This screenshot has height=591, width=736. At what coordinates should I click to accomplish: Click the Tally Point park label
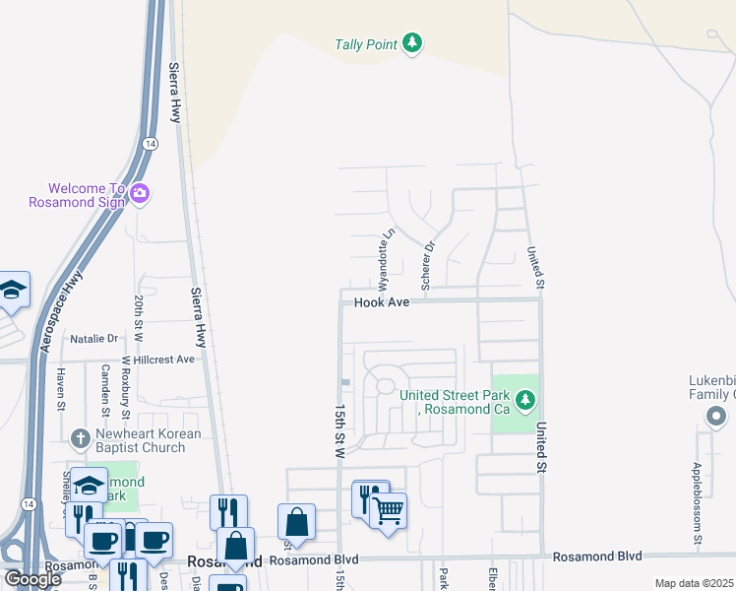(365, 44)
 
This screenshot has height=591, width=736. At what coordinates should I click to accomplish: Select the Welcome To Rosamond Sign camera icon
(140, 194)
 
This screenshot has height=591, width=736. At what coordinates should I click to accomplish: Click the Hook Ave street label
(382, 302)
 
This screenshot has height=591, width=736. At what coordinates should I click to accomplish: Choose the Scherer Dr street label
(427, 266)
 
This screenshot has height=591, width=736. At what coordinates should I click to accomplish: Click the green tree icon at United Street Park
(526, 399)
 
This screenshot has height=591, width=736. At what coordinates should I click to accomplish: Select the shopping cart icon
(389, 510)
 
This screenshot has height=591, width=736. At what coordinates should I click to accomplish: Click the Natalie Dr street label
(93, 338)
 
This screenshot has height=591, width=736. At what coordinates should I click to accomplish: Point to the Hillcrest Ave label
(164, 360)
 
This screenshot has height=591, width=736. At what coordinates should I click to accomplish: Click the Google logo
(31, 578)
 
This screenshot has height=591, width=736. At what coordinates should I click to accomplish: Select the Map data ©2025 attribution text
(694, 583)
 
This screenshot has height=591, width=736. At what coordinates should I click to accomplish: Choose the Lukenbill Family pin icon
(715, 418)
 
